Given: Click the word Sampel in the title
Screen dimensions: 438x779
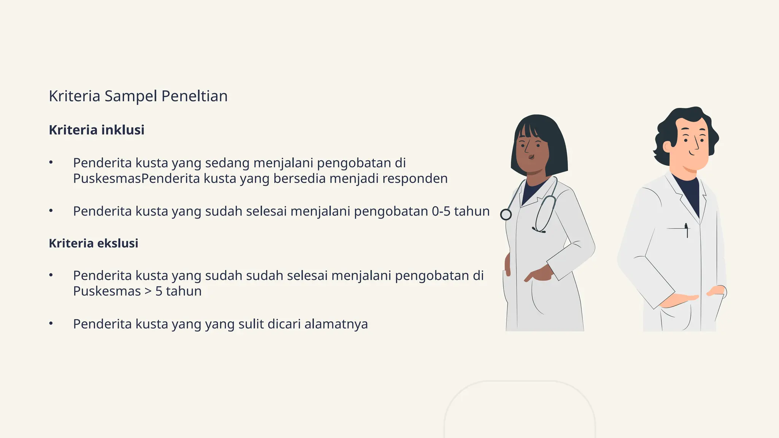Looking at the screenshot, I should point(130,96).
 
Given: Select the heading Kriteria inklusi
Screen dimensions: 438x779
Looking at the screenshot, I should point(97,130).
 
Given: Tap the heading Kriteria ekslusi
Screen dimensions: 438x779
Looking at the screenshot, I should point(94,243).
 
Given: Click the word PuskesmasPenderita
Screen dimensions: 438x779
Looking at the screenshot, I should point(136,178).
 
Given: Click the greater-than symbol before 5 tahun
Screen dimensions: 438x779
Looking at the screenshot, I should point(148,291).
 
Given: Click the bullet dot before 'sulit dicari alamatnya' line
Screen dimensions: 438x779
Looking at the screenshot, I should point(51,324).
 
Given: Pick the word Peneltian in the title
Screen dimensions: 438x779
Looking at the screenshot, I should point(194,96).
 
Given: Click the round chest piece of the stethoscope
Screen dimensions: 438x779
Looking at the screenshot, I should point(506,215).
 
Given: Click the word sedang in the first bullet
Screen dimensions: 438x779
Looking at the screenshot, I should point(227,163).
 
